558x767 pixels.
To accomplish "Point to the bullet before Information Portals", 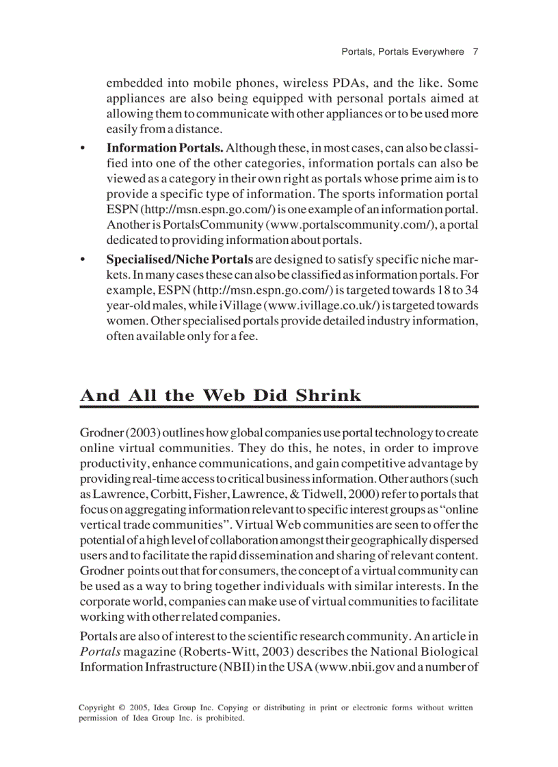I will point(83,148).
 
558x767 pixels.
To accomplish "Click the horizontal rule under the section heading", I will point(279,407).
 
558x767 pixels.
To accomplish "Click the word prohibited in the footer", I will point(222,718).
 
